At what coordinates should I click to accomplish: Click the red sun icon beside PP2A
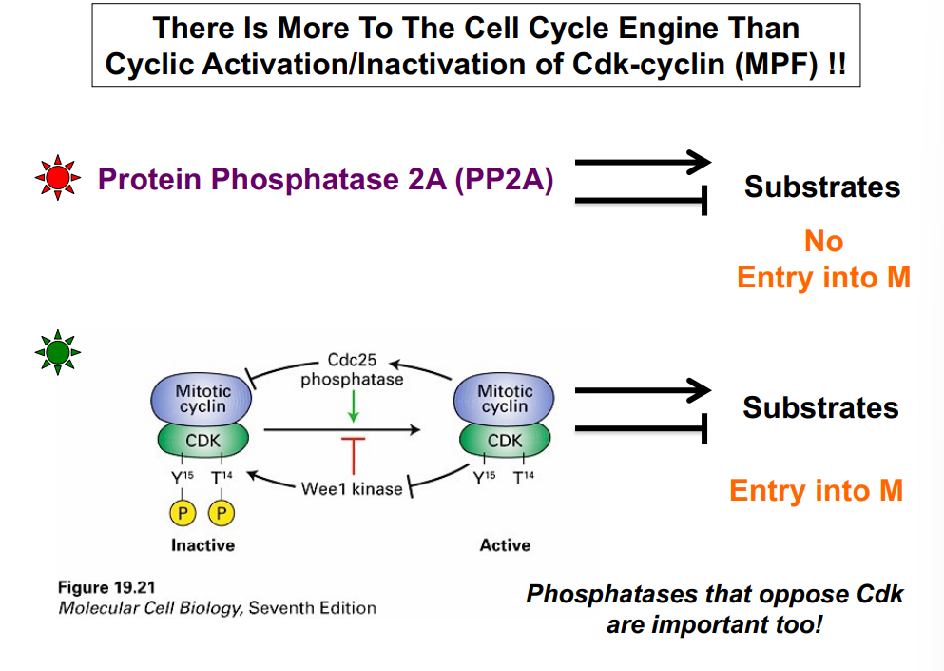pos(58,179)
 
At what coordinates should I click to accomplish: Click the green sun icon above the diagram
pos(58,353)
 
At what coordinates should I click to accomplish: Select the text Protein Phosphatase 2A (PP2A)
pos(326,179)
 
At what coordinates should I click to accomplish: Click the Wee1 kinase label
pos(351,489)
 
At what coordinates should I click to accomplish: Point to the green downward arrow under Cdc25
pos(353,406)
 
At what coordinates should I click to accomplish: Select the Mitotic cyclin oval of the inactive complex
pos(202,398)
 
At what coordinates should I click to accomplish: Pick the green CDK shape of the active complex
pos(504,441)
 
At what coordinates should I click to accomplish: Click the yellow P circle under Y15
pos(183,514)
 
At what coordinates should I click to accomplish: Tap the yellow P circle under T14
pos(221,514)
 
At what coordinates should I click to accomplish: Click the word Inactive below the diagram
pos(202,545)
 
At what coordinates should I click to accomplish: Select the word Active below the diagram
pos(505,545)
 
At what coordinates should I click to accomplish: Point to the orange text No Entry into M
pos(823,259)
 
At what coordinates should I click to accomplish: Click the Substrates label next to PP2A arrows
pos(822,187)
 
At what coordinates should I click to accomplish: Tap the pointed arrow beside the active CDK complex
pos(643,389)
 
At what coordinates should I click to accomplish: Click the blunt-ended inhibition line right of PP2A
pos(643,200)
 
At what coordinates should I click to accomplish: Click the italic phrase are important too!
pos(714,626)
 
